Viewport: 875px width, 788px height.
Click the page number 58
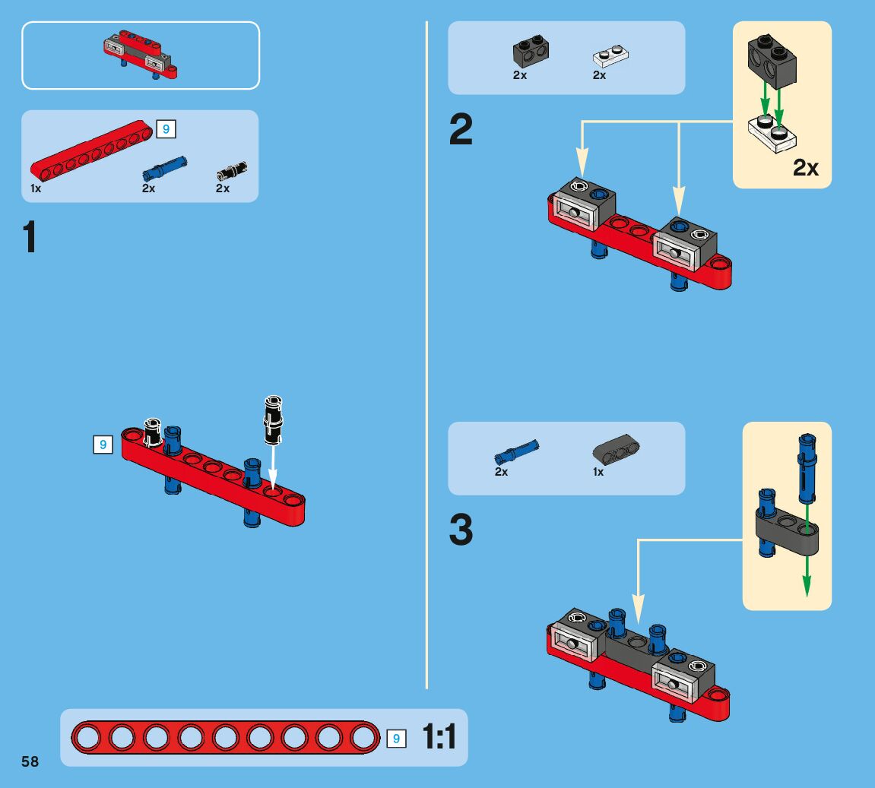(30, 761)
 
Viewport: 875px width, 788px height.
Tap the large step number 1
(30, 237)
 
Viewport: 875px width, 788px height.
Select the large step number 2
(461, 130)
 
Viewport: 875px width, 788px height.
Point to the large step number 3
(461, 530)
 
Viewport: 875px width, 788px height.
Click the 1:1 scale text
(439, 737)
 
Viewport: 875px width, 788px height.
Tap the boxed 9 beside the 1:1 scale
(396, 738)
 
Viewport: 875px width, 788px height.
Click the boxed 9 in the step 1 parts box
(166, 129)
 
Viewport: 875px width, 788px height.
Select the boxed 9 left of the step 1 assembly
(103, 445)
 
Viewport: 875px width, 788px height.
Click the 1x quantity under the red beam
(36, 188)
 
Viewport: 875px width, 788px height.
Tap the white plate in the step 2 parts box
(610, 56)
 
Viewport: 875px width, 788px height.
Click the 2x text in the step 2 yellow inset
(806, 167)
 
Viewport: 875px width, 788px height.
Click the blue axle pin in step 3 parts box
(516, 451)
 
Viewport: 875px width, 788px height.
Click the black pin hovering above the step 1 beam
(273, 419)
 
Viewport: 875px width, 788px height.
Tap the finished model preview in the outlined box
(141, 54)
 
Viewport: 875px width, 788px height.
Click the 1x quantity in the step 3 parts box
(598, 472)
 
